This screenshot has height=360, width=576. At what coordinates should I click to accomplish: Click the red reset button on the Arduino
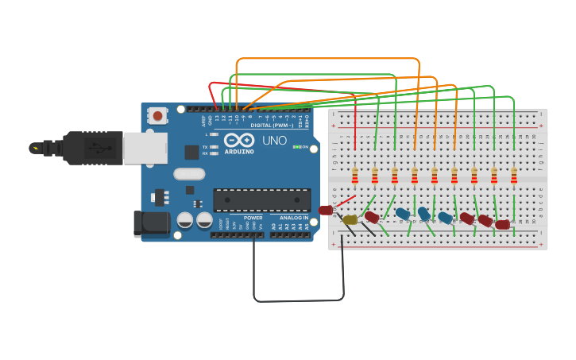pos(157,116)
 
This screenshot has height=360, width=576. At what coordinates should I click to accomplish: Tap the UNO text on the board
pos(274,141)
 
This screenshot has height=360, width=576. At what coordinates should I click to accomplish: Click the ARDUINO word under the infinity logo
pos(238,151)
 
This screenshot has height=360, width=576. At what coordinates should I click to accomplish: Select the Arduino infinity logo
pos(238,140)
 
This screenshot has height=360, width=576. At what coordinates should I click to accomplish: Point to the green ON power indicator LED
pos(296,147)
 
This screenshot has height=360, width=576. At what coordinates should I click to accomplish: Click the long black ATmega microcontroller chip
pos(261,199)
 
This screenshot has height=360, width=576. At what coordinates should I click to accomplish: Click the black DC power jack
pos(152,224)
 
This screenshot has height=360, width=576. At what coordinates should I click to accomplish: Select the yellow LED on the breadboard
pos(350,219)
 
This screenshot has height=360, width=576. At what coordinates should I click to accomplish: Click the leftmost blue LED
pos(403,214)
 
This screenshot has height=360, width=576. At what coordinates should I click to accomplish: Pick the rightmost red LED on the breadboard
pos(502,225)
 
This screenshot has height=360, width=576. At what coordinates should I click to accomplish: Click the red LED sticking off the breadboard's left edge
pos(325,211)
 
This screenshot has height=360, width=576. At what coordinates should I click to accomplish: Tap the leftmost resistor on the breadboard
pos(355,176)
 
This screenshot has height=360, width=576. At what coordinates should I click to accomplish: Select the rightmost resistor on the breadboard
pos(514,176)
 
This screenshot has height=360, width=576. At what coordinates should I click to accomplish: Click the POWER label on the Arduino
pos(253,218)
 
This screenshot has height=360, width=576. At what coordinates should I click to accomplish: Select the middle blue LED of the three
pos(424,214)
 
